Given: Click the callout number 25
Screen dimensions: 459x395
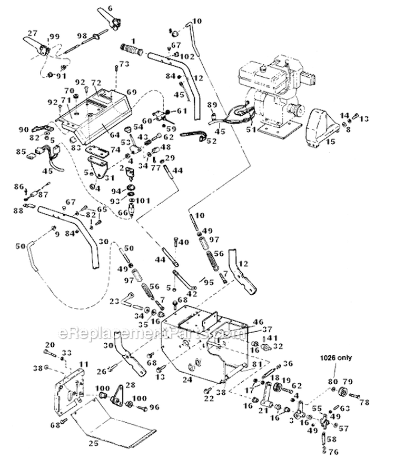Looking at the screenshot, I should point(93,443).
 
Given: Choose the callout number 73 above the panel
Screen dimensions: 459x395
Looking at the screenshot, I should point(124,64).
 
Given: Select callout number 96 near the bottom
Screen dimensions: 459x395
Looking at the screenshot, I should point(154,407).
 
